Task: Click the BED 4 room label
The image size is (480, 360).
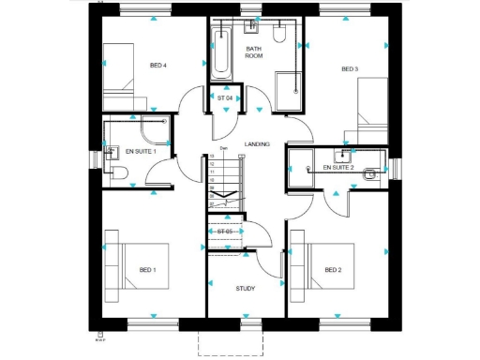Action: pyautogui.click(x=157, y=66)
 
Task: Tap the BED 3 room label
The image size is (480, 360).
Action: pyautogui.click(x=350, y=68)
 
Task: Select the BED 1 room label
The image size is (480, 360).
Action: pyautogui.click(x=147, y=270)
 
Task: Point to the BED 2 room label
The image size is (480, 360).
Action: pyautogui.click(x=333, y=270)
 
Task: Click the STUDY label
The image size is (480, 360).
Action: pyautogui.click(x=245, y=289)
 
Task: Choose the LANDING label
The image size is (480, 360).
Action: pyautogui.click(x=256, y=144)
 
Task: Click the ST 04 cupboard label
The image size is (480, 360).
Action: pyautogui.click(x=225, y=97)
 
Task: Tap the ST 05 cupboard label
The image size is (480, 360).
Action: pyautogui.click(x=224, y=232)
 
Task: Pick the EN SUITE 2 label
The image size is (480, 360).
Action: pyautogui.click(x=337, y=168)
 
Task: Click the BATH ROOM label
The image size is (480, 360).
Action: pyautogui.click(x=254, y=52)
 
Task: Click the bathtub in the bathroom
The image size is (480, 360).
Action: pyautogui.click(x=221, y=52)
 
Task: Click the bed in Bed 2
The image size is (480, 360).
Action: pyautogui.click(x=323, y=273)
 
